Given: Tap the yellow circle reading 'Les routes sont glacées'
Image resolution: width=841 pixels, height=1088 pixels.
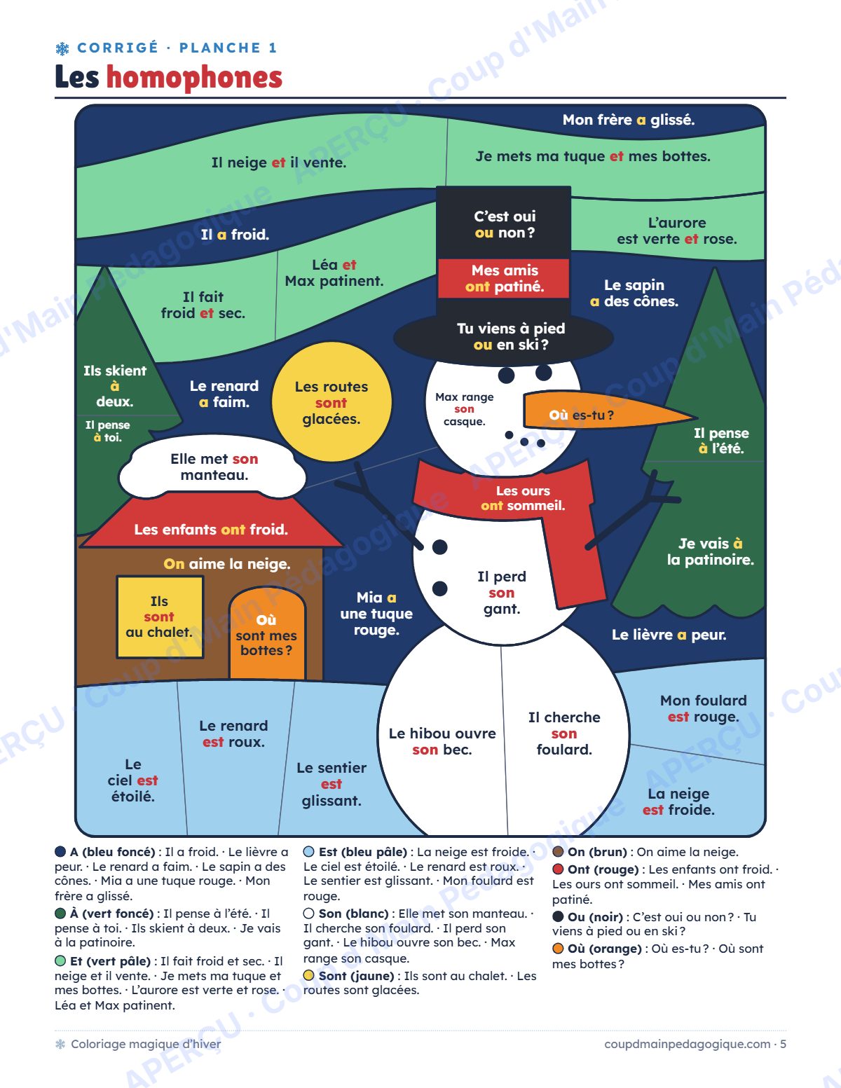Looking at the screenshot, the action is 331,402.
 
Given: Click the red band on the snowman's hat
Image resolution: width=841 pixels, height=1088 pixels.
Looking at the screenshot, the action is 504,278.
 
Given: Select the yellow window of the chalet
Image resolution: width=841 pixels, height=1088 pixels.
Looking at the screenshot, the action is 160,617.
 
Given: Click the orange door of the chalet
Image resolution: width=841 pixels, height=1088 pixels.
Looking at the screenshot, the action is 267,635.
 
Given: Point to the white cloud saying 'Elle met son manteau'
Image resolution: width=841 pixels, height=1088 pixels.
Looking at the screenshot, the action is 213,467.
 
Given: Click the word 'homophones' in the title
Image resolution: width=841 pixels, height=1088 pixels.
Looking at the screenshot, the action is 194,78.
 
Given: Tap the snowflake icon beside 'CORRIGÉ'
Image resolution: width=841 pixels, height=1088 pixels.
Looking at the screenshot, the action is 62,48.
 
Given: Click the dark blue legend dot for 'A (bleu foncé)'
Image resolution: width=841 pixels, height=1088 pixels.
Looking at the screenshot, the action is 60,851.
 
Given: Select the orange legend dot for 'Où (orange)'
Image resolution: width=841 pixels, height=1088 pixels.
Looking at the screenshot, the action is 558,949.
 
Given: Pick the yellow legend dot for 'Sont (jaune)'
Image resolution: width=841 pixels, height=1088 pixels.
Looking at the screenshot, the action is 309,975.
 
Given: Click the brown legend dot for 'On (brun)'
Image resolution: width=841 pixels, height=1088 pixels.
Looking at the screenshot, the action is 558,851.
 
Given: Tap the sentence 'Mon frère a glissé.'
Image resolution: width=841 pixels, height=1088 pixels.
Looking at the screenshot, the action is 629,120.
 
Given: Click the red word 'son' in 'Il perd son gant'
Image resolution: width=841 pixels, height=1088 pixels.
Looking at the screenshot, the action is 501,593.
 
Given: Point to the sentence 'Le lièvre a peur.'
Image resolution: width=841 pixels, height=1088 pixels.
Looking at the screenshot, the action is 669,635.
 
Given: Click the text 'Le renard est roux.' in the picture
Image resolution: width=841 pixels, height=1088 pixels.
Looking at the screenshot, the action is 233,734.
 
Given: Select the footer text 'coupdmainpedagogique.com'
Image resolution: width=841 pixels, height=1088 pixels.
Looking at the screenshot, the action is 687,1044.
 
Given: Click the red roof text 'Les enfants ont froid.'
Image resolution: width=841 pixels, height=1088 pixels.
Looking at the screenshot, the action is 211,529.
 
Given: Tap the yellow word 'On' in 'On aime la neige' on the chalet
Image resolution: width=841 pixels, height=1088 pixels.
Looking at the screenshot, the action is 174,564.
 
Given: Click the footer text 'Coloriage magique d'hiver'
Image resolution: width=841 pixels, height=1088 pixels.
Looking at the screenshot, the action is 146,1044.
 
